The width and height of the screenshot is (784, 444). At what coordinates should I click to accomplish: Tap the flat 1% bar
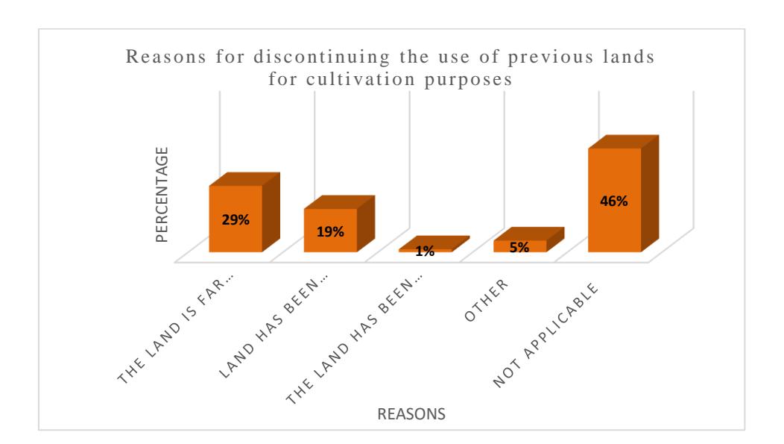pyautogui.click(x=434, y=244)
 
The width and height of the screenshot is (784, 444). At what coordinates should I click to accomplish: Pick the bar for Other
pyautogui.click(x=528, y=240)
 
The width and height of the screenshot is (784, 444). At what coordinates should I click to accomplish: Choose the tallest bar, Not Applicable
pyautogui.click(x=623, y=194)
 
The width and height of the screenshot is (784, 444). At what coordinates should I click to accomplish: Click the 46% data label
pyautogui.click(x=613, y=201)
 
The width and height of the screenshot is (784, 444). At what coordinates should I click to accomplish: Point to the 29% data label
pyautogui.click(x=235, y=219)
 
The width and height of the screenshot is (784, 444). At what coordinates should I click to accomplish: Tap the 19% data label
pyautogui.click(x=330, y=232)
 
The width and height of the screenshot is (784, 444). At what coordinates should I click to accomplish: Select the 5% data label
pyautogui.click(x=519, y=247)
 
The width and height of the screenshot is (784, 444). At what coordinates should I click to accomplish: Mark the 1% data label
pyautogui.click(x=425, y=251)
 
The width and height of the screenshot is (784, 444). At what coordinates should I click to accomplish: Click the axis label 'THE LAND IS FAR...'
pyautogui.click(x=175, y=328)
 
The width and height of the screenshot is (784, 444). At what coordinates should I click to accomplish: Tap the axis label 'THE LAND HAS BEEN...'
pyautogui.click(x=353, y=339)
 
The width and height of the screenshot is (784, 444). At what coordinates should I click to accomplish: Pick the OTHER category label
pyautogui.click(x=486, y=300)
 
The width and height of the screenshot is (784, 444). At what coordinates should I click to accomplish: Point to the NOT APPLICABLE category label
pyautogui.click(x=545, y=335)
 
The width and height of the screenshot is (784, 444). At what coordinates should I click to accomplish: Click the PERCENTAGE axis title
pyautogui.click(x=162, y=195)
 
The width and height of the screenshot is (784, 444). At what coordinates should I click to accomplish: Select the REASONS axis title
pyautogui.click(x=411, y=414)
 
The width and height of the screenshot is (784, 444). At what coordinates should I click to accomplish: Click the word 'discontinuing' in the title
pyautogui.click(x=321, y=57)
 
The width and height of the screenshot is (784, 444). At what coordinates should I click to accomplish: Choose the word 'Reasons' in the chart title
pyautogui.click(x=165, y=57)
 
